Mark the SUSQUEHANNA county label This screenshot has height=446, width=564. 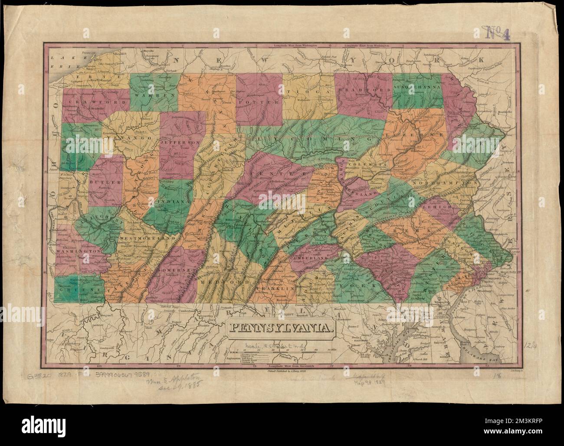[418, 87]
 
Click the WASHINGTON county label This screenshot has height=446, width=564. [78, 251]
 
